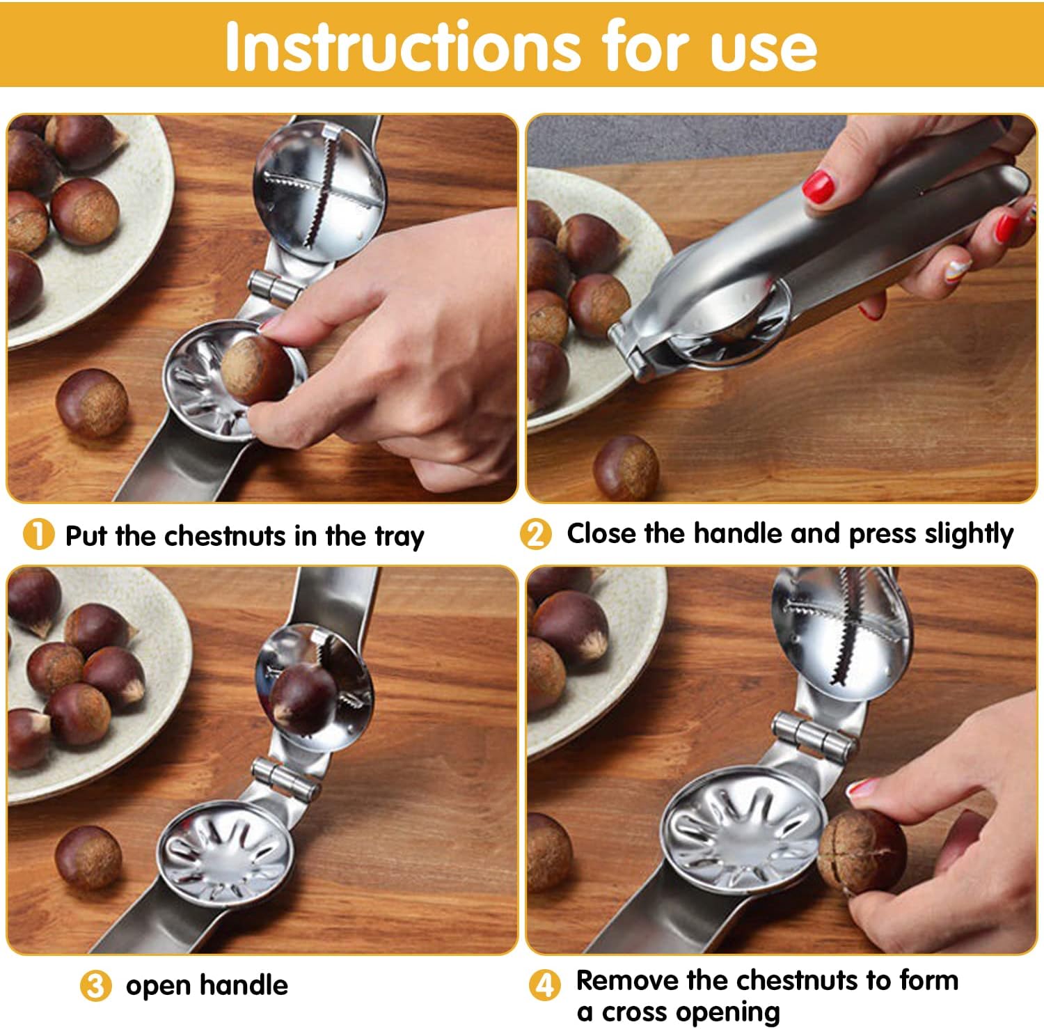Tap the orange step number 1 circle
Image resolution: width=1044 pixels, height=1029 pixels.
[x=39, y=535]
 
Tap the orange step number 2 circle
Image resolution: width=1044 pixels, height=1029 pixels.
[x=535, y=534]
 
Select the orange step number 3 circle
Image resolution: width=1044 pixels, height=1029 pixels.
[x=95, y=986]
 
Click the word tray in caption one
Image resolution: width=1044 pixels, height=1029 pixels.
[x=399, y=537]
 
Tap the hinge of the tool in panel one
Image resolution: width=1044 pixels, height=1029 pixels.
[x=274, y=286]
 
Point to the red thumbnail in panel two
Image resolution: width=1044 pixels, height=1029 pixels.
[x=818, y=187]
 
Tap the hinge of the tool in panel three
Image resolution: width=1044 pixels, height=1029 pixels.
[x=285, y=780]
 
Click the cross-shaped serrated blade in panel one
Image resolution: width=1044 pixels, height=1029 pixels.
[x=322, y=191]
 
